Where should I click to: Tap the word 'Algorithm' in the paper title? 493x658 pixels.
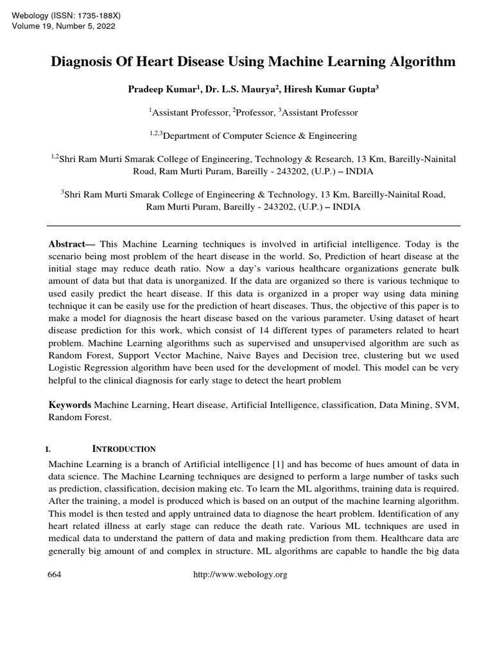[x=421, y=62]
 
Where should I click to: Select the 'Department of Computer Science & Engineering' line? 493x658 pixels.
[x=254, y=136]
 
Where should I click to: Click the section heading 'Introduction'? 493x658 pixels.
[x=125, y=449]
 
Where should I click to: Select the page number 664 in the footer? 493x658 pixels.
[x=55, y=574]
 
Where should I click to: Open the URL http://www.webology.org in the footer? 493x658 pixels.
[x=240, y=574]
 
